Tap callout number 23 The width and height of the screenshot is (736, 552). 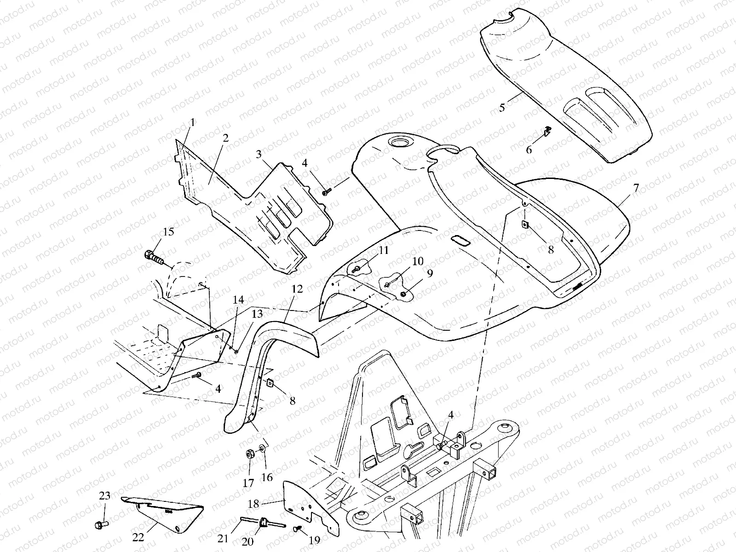[x=105, y=496]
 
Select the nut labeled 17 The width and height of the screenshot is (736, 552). [x=251, y=454]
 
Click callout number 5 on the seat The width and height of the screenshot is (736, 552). [x=502, y=108]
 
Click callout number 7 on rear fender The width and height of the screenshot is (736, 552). [x=636, y=187]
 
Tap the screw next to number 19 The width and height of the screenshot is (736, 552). [x=298, y=529]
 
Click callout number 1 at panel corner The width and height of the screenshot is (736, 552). [x=192, y=122]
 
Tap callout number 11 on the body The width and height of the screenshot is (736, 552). [x=383, y=250]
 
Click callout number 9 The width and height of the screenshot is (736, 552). [x=430, y=273]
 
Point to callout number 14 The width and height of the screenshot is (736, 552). [x=238, y=299]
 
